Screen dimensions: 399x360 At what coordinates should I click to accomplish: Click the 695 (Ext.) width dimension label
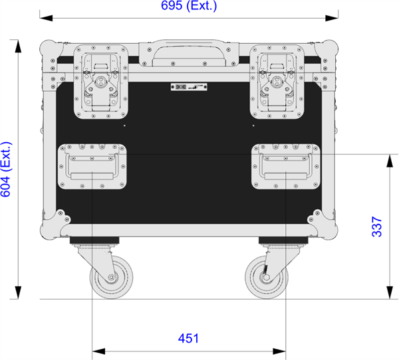click(189, 5)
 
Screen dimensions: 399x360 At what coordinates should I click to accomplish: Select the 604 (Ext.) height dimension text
click(6, 169)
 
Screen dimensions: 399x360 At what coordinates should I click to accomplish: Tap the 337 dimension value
click(377, 226)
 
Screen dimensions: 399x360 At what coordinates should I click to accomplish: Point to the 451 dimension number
click(188, 338)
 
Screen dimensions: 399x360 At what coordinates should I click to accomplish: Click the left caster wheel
click(112, 277)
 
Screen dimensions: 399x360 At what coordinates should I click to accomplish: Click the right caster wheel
click(267, 277)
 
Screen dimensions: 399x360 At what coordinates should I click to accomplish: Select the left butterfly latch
click(101, 82)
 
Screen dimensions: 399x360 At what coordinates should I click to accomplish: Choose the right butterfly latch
click(277, 82)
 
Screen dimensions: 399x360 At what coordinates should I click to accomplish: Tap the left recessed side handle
click(92, 167)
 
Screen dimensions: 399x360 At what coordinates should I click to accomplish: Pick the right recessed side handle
click(286, 167)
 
